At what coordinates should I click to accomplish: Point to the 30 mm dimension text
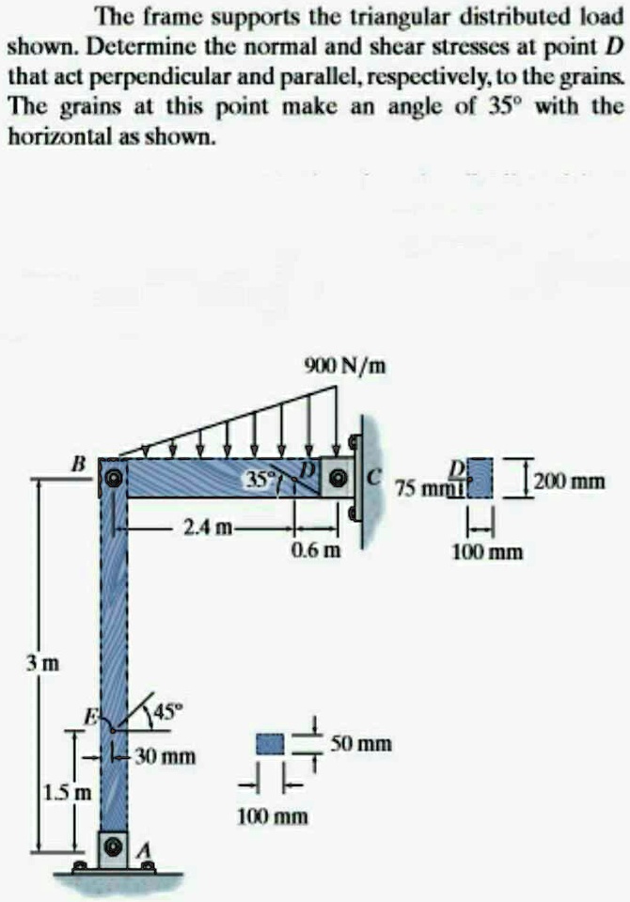[165, 756]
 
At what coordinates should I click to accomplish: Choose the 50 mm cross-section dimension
[361, 744]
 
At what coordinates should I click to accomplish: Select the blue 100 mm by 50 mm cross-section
[271, 744]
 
